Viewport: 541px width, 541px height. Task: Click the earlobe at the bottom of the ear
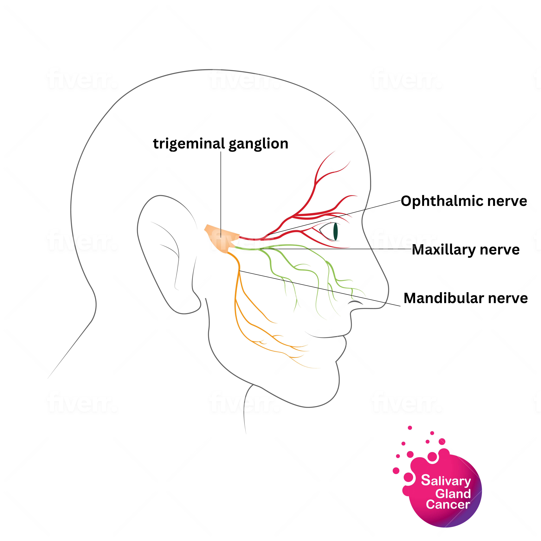186,309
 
